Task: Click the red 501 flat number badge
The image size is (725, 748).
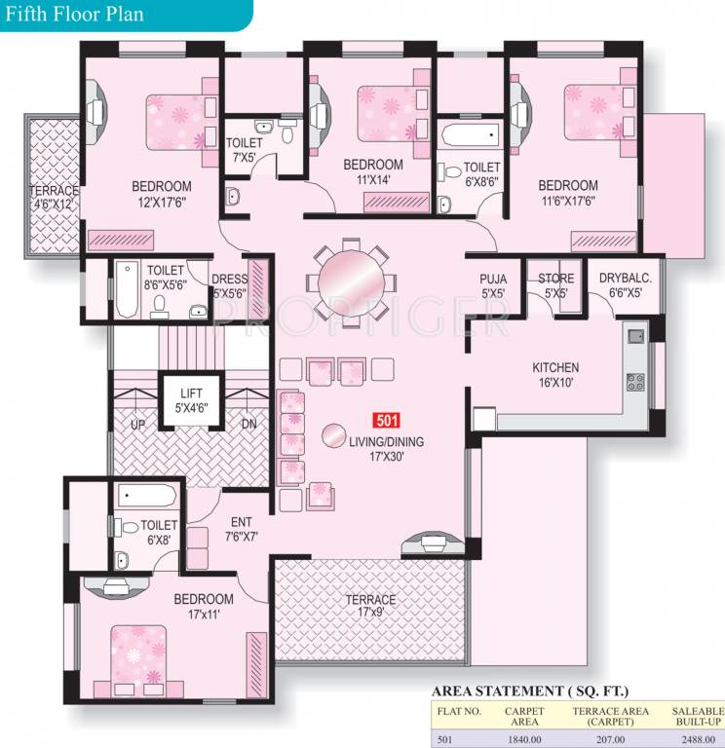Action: [386, 422]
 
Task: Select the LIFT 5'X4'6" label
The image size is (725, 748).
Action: [190, 400]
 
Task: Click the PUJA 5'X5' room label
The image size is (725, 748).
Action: [493, 285]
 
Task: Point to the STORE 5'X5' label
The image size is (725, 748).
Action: [556, 285]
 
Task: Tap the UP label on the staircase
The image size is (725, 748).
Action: [137, 425]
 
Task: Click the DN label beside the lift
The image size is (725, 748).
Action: [249, 425]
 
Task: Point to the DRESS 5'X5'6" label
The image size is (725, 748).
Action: [230, 285]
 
